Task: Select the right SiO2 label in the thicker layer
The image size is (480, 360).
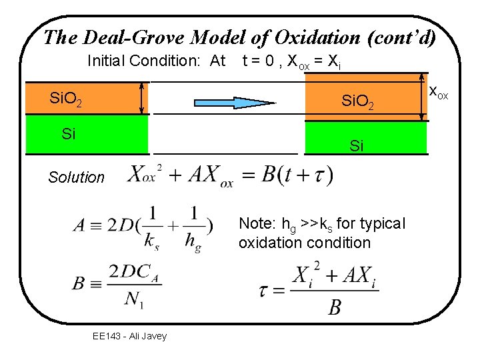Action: click(362, 102)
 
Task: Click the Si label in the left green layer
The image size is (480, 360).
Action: click(68, 133)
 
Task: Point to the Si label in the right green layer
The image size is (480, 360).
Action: click(357, 145)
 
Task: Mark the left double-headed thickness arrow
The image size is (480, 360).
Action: click(141, 98)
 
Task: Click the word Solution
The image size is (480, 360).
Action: click(76, 177)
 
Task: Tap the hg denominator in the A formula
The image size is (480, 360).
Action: click(193, 243)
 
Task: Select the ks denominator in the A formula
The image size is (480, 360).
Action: click(153, 243)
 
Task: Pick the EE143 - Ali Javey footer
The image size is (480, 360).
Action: click(129, 336)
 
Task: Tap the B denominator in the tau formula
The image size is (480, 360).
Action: click(335, 307)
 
